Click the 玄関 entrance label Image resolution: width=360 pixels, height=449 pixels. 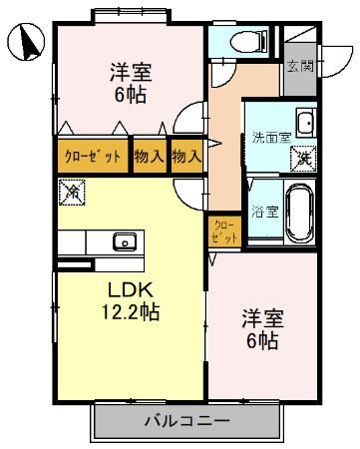[300, 67]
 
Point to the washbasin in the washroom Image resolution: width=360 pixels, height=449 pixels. [304, 125]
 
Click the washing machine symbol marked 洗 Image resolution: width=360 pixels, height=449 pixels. [301, 156]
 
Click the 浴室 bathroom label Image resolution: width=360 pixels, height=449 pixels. [264, 212]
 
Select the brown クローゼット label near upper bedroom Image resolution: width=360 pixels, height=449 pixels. [93, 157]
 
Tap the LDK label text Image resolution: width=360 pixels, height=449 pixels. [129, 289]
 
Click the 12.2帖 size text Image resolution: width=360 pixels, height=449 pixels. [131, 311]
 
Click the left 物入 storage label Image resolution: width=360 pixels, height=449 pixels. [150, 157]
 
